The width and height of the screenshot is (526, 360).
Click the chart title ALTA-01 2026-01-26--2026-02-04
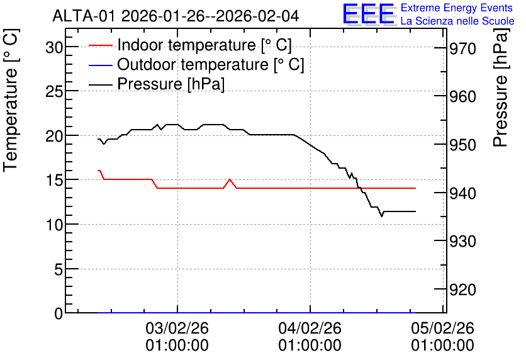point(176,16)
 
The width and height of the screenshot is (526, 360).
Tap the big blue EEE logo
point(369,14)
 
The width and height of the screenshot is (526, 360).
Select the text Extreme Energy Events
point(457,8)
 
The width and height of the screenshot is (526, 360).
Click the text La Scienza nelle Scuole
point(457,21)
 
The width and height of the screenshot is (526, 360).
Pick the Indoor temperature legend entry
point(190,45)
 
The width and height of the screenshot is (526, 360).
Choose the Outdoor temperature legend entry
point(196,64)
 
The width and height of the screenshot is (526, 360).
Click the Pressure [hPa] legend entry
point(156,84)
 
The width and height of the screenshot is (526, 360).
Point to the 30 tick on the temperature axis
point(54,48)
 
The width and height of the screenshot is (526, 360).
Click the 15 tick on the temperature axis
point(54,180)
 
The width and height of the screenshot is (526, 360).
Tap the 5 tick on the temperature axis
point(59,269)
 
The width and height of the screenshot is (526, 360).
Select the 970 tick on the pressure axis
point(462,49)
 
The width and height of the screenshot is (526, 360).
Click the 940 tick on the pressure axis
point(462,193)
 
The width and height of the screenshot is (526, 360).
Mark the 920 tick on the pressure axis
point(462,290)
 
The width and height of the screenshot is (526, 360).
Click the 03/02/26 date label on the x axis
point(177,328)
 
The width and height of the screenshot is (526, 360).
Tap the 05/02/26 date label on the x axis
point(443,328)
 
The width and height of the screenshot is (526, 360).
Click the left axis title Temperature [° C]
point(11,100)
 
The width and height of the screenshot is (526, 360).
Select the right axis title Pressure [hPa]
point(501,87)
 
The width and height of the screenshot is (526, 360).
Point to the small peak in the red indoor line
point(230,179)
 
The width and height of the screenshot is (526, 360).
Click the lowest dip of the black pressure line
point(382,217)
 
